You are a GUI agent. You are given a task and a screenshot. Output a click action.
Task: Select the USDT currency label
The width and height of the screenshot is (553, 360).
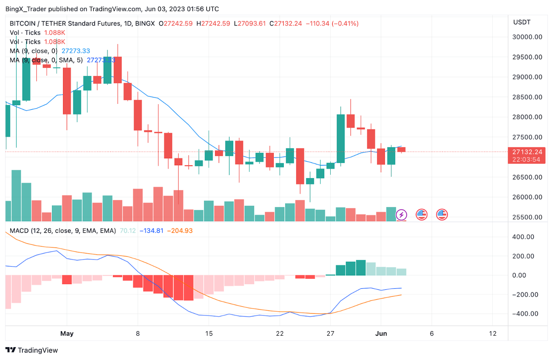tap(521, 22)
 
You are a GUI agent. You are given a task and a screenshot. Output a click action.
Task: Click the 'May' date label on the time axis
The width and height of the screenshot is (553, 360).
tap(67, 333)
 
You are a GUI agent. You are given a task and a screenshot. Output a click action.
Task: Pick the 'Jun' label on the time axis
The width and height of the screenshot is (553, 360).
tap(382, 333)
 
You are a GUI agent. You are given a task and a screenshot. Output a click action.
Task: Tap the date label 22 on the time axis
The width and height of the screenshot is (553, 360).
tap(280, 333)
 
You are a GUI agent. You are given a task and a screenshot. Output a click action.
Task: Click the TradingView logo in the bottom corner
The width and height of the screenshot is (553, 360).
tap(32, 350)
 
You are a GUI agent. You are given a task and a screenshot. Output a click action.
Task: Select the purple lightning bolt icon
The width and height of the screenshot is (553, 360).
tap(401, 214)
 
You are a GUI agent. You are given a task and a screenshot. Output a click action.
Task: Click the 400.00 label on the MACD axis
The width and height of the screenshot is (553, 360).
tap(524, 237)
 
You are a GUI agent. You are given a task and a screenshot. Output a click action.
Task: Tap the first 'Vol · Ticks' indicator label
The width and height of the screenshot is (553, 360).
tap(25, 33)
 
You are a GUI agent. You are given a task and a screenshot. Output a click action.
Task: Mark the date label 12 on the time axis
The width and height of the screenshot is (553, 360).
tap(493, 333)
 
